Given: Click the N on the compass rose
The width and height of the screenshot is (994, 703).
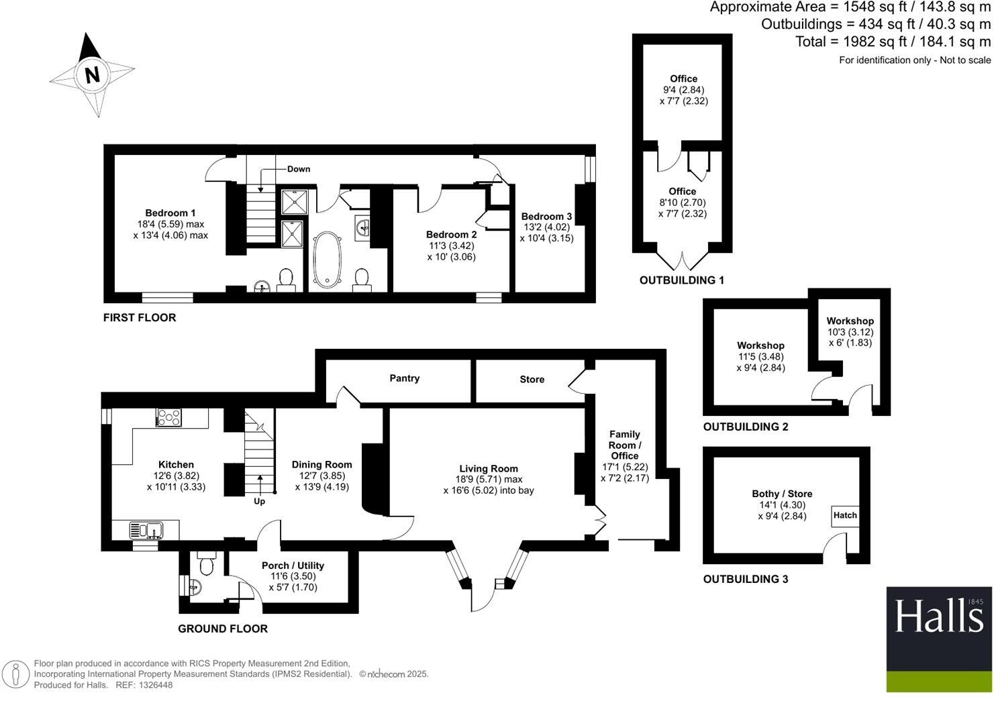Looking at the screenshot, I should coord(92,74).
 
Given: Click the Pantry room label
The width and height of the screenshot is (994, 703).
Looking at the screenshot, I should coord(404,378).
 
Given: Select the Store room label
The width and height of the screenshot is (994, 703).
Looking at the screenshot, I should coord(532,380).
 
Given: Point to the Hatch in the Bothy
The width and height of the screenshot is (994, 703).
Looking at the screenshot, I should coord(845,515).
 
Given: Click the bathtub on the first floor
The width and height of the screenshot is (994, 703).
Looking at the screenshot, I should coord(328,260).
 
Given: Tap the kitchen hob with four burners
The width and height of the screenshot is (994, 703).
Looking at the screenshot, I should coord(168,417).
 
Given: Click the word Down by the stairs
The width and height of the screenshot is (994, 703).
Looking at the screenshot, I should coord(299,169).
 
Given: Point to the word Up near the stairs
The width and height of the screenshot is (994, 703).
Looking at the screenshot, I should coord(259,501).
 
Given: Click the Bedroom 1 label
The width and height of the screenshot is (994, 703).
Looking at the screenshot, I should coord(170,213).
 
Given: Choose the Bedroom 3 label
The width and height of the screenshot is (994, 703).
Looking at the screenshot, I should coord(546,216).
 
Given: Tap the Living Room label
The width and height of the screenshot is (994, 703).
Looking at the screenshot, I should coord(488,469).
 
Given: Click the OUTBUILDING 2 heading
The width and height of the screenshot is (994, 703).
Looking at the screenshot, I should coord(745,427).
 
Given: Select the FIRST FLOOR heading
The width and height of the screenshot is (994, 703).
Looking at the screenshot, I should coord(140,317).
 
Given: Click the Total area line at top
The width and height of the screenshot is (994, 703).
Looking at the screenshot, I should coord(893,42).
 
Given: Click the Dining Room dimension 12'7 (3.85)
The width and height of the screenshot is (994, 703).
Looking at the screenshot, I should coord(321,476).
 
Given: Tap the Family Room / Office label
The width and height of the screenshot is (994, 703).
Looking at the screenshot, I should coord(624,445).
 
